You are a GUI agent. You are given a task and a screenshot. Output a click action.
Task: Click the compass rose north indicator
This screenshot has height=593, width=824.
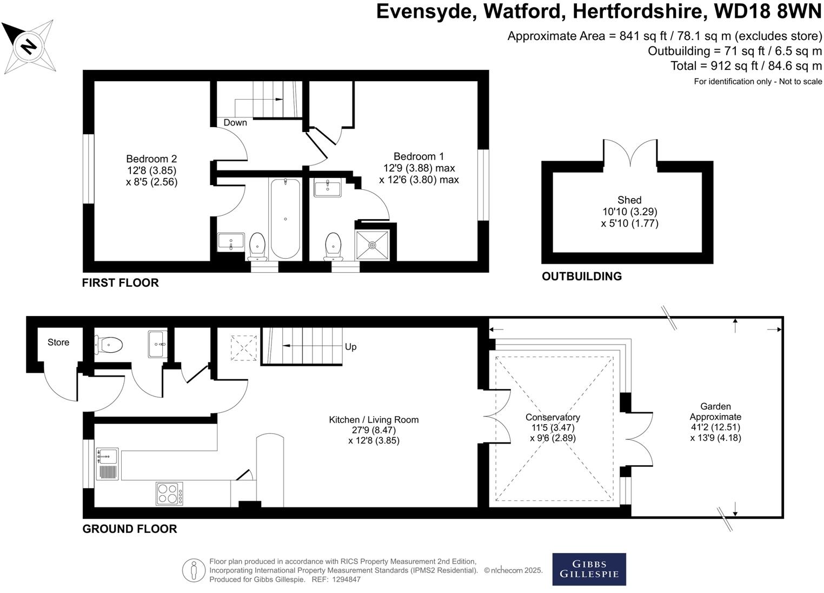tap(28, 46)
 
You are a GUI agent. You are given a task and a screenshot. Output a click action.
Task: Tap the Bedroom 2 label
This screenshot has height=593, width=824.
tap(151, 159)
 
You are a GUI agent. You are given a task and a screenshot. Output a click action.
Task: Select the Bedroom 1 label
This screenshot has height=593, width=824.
tap(418, 156)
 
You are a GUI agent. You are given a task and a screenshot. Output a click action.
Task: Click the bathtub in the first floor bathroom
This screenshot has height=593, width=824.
tap(285, 219)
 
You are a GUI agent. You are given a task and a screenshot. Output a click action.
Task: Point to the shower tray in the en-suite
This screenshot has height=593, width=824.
tap(372, 245)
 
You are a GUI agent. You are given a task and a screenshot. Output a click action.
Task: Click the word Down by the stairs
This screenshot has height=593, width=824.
tap(235, 123)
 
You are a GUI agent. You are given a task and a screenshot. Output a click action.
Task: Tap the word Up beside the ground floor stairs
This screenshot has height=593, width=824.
tap(350, 347)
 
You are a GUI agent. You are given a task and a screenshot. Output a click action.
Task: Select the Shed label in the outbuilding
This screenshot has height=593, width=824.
tap(629, 200)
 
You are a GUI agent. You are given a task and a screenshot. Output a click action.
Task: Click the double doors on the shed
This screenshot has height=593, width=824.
tap(630, 154)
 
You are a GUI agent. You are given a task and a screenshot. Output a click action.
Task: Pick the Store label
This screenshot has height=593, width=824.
tap(58, 342)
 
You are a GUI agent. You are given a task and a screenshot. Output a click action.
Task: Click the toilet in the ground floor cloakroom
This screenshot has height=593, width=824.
tap(110, 344)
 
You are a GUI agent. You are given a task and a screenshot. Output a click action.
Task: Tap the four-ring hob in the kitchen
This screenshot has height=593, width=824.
tap(169, 493)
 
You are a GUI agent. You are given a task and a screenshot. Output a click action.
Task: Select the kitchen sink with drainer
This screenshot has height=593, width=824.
tap(107, 464)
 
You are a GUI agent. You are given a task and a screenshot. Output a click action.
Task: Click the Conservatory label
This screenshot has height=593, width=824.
tap(553, 418)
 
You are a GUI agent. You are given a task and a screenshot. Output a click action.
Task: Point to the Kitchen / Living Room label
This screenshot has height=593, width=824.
tap(374, 420)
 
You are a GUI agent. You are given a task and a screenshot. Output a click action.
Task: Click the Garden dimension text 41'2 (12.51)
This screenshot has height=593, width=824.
tap(715, 427)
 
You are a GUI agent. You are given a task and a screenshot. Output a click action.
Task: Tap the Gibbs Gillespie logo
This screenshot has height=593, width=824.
tap(589, 569)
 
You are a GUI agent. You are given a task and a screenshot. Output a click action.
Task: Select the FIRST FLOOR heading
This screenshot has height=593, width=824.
tap(120, 283)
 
